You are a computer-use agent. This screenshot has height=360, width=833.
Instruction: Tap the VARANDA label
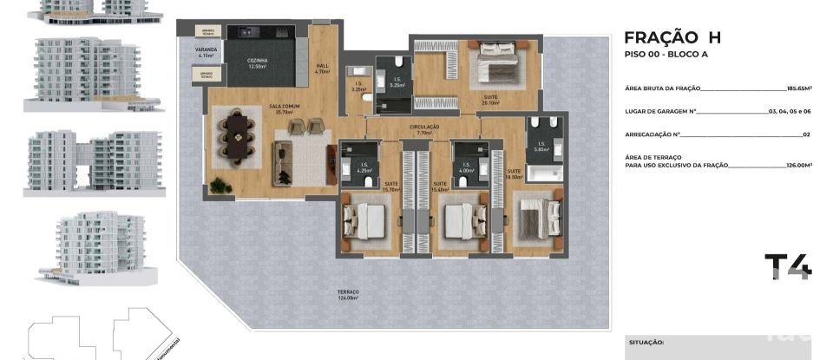click(x=207, y=54)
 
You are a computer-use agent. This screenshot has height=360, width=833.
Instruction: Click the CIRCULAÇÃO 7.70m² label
click(x=424, y=130)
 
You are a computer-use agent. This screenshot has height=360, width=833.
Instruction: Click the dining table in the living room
click(x=237, y=136)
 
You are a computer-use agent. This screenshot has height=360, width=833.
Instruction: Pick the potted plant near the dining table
click(x=218, y=185)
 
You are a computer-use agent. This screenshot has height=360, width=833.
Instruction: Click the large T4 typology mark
click(x=788, y=265)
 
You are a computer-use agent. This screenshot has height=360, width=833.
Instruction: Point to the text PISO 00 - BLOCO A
click(x=666, y=55)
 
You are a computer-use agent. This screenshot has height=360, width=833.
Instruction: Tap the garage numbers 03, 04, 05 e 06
click(x=790, y=112)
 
